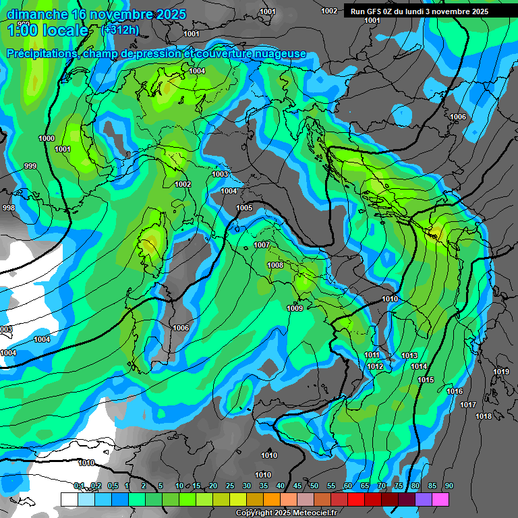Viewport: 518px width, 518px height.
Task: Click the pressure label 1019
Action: (500, 372)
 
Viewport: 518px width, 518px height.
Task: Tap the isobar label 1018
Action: (484, 416)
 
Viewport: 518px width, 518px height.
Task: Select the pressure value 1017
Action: (468, 405)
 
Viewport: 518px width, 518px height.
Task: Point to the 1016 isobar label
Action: (455, 391)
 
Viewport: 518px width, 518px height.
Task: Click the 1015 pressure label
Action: (426, 380)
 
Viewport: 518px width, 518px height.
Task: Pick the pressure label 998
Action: (8, 208)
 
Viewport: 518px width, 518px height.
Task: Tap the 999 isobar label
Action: (30, 166)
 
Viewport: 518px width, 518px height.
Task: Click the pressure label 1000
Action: (47, 138)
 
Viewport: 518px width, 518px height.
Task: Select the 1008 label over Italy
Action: (275, 265)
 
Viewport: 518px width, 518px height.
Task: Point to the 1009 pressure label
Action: (295, 308)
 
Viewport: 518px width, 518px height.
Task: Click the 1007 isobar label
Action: (262, 244)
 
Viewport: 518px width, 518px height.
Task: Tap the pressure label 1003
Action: (220, 174)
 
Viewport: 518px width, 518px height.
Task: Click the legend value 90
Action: (449, 486)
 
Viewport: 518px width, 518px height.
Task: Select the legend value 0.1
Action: (79, 486)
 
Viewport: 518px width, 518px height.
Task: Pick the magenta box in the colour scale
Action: (440, 499)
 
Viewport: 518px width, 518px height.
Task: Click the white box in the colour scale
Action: (69, 499)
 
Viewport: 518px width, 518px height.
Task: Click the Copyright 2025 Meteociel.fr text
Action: (285, 513)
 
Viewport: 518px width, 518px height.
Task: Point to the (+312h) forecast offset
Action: (119, 30)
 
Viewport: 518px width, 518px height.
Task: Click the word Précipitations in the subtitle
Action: (40, 53)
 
